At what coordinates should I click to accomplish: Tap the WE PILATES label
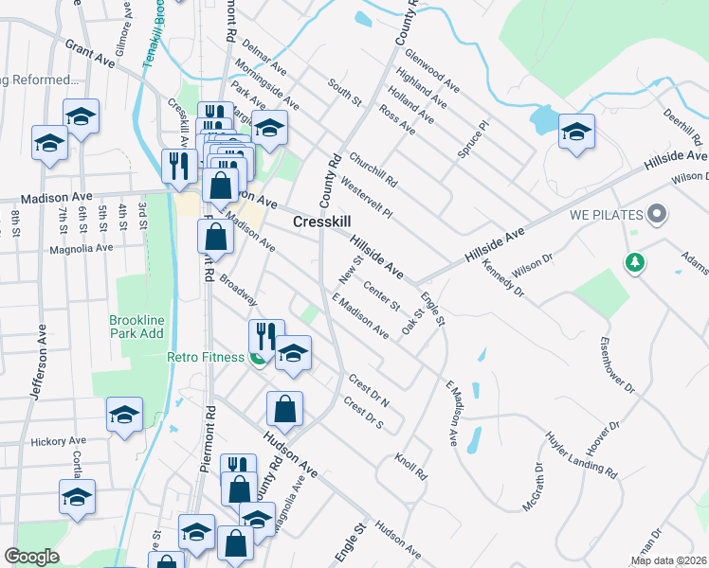(607, 214)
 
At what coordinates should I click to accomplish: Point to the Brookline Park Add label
(136, 327)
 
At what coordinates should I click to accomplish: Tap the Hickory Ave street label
(58, 441)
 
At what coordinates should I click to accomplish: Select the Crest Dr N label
(369, 390)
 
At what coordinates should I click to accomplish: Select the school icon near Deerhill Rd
(576, 133)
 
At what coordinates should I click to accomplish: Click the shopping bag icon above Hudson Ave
(284, 410)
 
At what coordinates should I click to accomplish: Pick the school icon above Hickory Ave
(124, 416)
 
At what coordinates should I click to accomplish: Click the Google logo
(32, 558)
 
